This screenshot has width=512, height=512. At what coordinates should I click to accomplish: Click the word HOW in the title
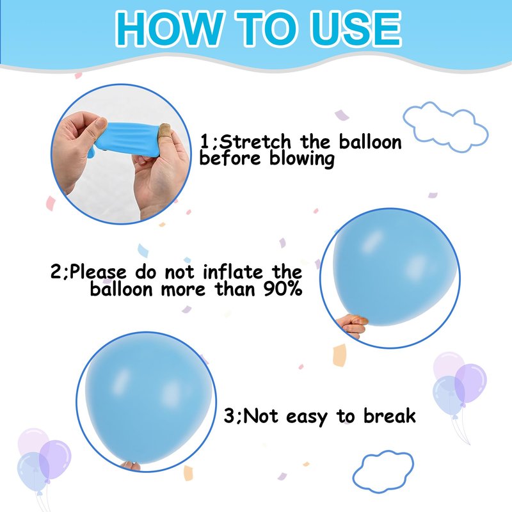coord(169,29)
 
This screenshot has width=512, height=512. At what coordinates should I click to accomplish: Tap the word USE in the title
coord(358,29)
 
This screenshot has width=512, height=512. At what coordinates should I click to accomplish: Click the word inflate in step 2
coord(233,271)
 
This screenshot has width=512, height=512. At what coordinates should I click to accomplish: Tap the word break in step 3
coord(390,416)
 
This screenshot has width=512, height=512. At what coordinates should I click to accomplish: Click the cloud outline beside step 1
coord(445,127)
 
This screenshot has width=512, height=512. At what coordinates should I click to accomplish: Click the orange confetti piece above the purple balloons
coord(339,355)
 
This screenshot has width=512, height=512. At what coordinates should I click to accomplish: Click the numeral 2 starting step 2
coord(56,271)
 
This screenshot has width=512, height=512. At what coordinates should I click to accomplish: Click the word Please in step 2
coord(98,271)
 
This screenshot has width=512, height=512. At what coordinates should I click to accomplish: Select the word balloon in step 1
coord(370,142)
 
